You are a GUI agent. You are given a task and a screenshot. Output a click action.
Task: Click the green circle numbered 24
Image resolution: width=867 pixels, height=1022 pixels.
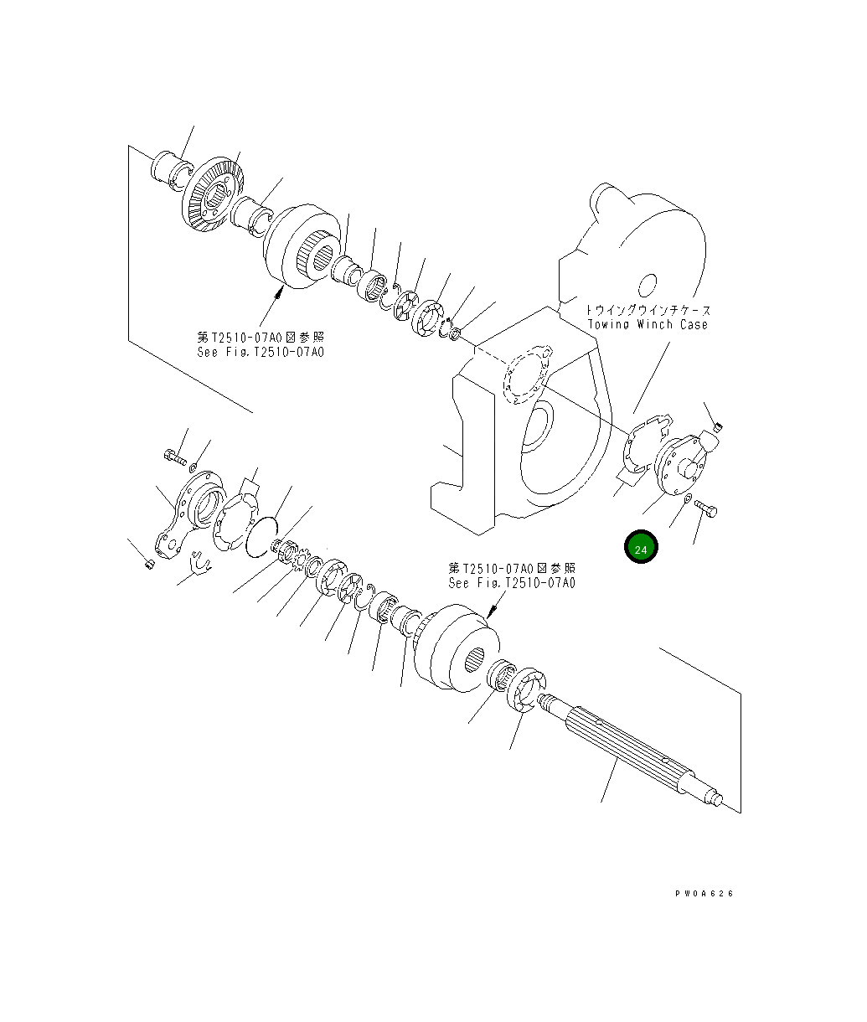(641, 549)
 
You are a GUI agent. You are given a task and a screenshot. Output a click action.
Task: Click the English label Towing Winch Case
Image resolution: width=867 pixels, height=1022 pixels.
(647, 324)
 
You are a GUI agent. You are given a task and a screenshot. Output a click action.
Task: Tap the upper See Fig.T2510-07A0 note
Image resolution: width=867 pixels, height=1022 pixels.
(260, 352)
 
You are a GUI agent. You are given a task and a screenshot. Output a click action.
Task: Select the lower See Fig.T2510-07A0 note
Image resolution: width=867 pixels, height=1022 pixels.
(512, 583)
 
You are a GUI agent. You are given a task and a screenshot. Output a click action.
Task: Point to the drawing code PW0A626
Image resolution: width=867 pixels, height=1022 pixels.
(704, 894)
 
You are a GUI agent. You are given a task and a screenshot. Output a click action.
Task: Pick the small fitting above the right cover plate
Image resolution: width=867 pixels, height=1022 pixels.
(717, 430)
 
